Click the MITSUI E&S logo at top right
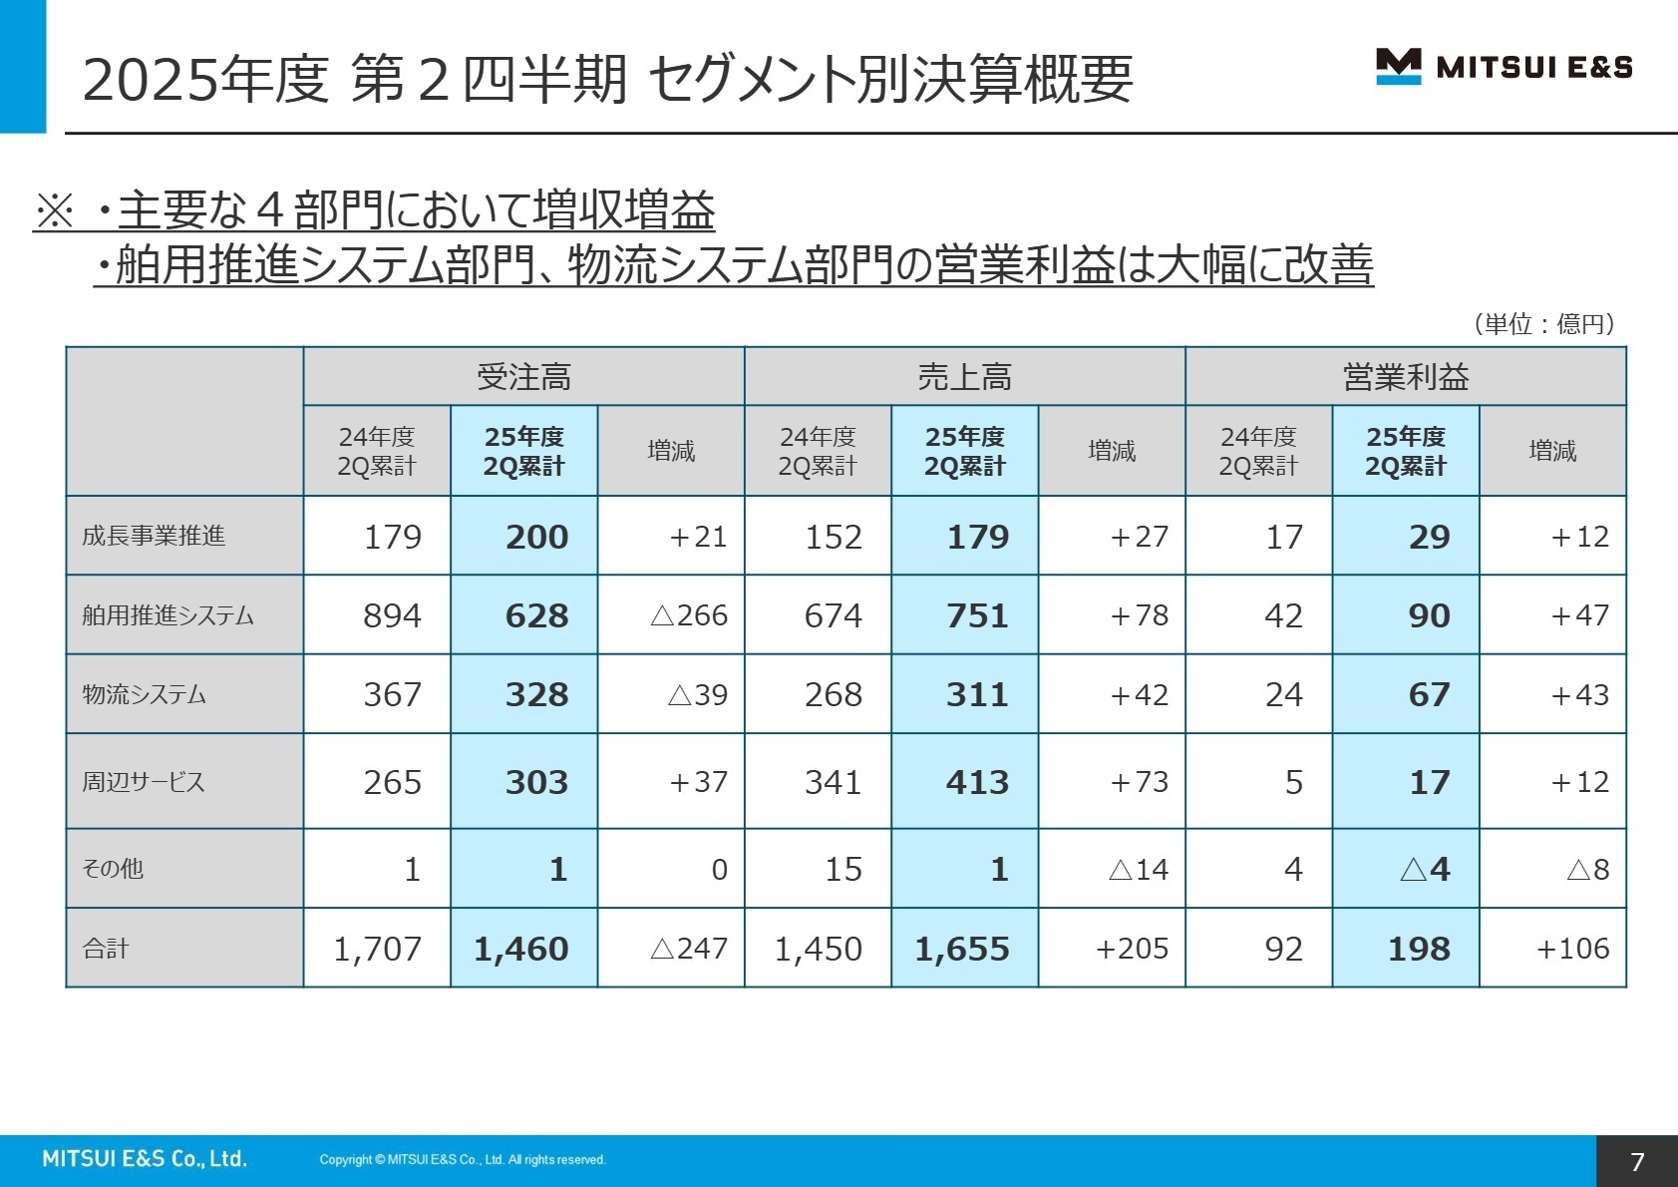(1504, 67)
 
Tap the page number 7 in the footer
(1636, 1161)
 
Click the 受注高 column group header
(523, 377)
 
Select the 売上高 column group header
(964, 377)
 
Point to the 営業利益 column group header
(1405, 377)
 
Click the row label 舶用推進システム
(168, 615)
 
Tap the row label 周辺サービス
(144, 782)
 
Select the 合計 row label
(106, 949)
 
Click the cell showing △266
(688, 615)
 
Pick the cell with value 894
(392, 615)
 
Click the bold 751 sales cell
(977, 615)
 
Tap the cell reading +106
(1572, 949)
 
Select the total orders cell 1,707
(377, 949)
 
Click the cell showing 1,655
(962, 949)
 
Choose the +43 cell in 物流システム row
(1579, 695)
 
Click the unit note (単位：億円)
(1543, 323)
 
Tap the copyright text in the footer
(463, 1159)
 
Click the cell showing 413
(977, 782)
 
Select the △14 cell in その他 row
(1138, 870)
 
